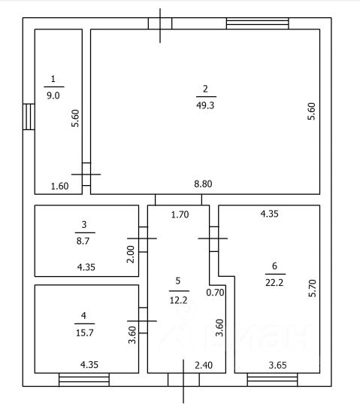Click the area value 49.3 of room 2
coord(205,105)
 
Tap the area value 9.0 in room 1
coord(53,96)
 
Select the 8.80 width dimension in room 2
coord(203,184)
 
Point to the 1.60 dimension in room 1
coord(59,186)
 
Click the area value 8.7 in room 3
coord(83,241)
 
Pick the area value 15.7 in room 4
coord(85,333)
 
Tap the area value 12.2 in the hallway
coord(179,300)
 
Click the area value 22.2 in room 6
coord(274,283)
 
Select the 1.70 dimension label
coord(180,214)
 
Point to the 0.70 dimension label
coord(216,293)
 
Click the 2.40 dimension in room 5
coord(204,365)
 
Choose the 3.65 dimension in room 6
coord(277,365)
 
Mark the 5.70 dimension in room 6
coord(312,288)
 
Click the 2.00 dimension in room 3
coord(131,254)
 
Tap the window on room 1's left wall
coord(29,117)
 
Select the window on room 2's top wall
coord(258,23)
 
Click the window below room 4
coord(84,379)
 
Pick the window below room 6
coord(273,379)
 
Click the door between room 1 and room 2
coord(86,175)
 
